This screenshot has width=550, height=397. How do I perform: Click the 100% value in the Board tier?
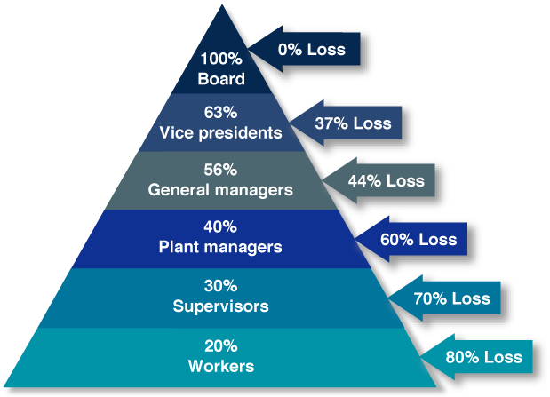[221, 60]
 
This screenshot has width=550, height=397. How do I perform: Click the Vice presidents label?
[221, 133]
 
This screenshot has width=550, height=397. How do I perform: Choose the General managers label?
[221, 189]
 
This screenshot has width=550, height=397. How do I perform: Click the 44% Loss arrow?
[381, 180]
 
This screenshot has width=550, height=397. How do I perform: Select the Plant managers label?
[221, 246]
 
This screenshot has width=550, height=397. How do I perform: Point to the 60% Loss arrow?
[414, 239]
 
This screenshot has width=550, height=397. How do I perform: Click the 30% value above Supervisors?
[221, 287]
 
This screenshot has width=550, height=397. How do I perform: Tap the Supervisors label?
[221, 306]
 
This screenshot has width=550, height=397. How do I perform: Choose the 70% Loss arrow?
[448, 298]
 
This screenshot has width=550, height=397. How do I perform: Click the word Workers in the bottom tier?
[221, 366]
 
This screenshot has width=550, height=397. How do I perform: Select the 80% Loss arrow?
[481, 357]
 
